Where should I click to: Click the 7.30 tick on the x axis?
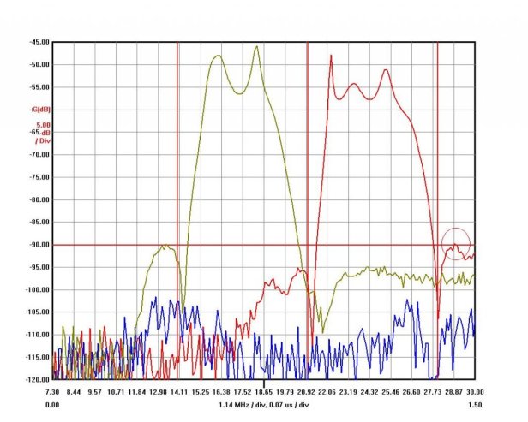click(52, 391)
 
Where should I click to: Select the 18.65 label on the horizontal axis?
click(263, 391)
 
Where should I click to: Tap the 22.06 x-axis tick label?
click(327, 391)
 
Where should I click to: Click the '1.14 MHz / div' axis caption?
click(263, 403)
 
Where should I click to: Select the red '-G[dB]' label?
click(39, 110)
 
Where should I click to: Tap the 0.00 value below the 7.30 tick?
click(52, 403)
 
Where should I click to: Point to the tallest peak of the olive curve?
click(256, 47)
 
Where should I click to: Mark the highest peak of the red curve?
click(330, 56)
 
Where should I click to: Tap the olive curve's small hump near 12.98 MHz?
click(163, 247)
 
